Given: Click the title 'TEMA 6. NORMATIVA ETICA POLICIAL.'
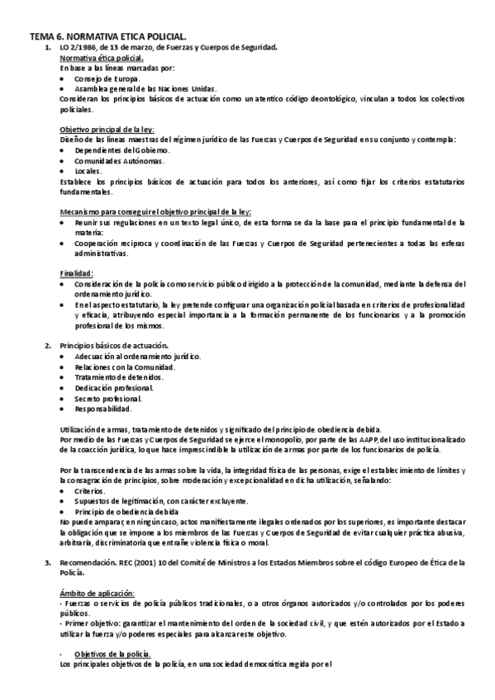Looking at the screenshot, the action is tap(108, 37).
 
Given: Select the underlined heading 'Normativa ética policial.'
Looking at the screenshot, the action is tap(102, 58).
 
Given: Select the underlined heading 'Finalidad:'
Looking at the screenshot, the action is tap(77, 273).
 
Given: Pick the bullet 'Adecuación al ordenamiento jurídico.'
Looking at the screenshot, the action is tap(137, 356).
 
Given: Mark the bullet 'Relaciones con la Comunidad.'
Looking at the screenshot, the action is tap(124, 367).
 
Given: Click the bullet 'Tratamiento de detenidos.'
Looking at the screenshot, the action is tap(119, 377).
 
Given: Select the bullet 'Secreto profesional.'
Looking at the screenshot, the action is tap(107, 398).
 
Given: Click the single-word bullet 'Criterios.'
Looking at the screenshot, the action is tap(91, 490).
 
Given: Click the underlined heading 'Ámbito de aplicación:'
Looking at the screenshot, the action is tap(97, 594).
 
